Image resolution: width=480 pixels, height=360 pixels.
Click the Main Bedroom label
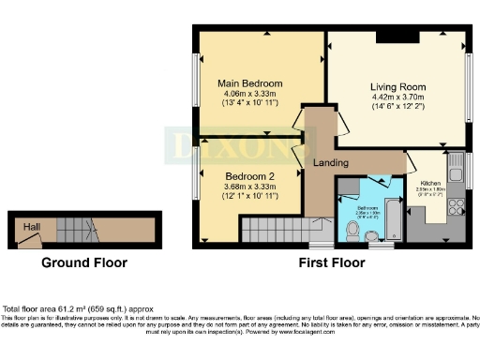pos(249,82)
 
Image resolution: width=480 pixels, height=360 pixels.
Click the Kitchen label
pos(430,183)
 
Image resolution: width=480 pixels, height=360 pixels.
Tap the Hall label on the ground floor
pos(32,227)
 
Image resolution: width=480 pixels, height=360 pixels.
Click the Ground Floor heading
pos(84,263)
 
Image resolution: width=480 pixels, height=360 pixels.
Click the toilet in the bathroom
pos(379,242)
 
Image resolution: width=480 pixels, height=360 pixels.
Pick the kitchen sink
pos(456,172)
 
